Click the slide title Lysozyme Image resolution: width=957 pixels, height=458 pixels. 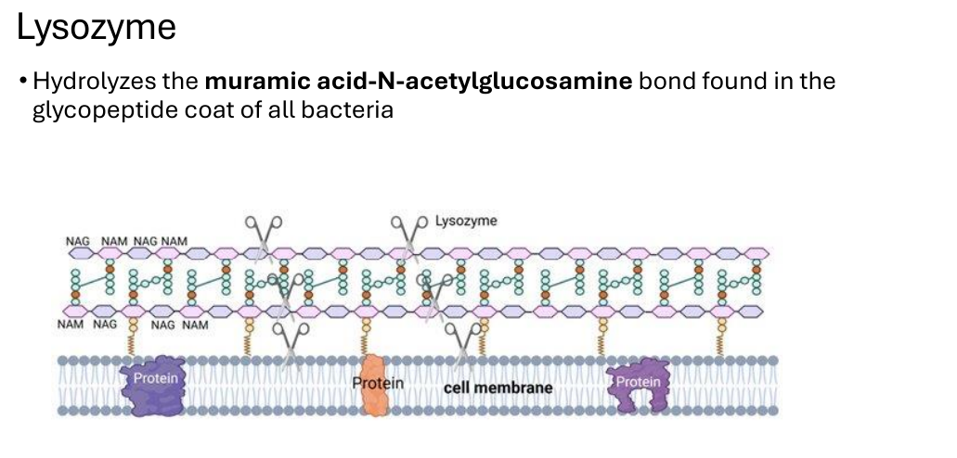pos(96,28)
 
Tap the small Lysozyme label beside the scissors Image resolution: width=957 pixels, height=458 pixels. pos(466,222)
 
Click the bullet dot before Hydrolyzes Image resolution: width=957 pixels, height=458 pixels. pos(23,81)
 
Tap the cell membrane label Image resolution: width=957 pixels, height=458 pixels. pos(498,388)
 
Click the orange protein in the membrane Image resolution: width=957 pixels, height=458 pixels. pos(373,386)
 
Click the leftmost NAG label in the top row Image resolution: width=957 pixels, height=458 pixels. pos(78,241)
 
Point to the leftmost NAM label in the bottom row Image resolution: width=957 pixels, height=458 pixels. pos(71,324)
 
